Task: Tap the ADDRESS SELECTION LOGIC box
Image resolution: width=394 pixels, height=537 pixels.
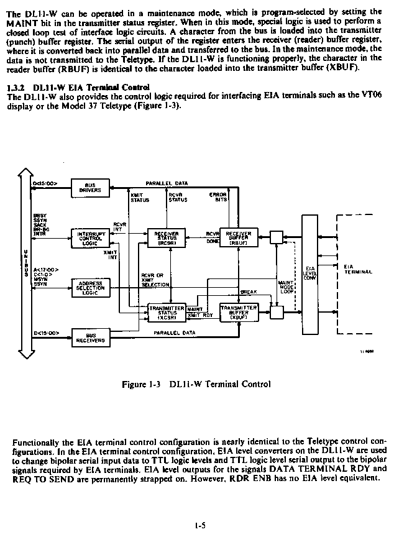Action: coord(91,287)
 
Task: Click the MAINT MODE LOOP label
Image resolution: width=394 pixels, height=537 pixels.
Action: coord(286,287)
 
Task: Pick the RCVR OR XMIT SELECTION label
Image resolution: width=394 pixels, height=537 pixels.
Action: coord(155,279)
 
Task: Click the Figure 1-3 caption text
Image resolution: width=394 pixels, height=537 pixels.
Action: coord(196,384)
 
